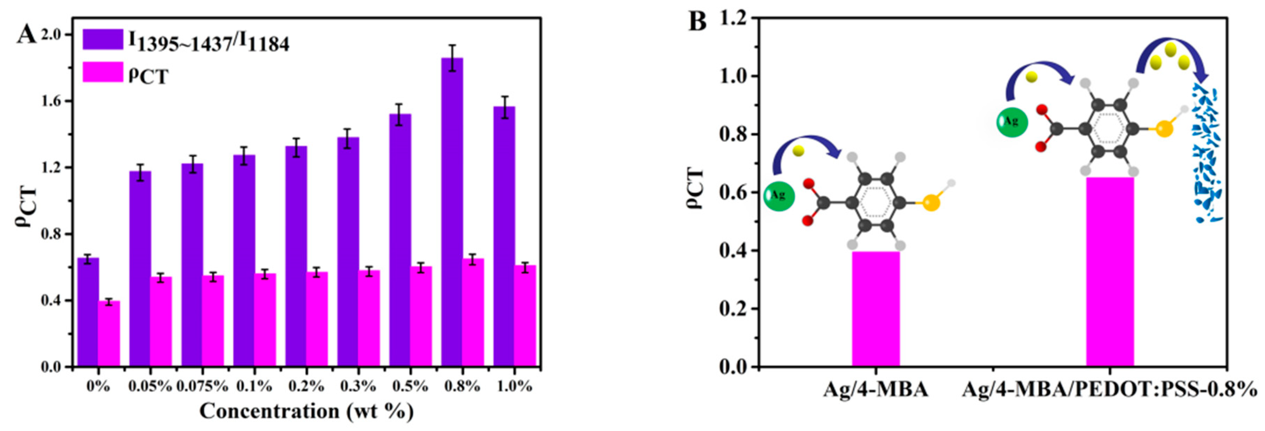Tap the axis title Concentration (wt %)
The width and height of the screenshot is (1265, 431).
click(306, 411)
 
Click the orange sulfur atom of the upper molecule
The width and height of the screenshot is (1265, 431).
click(1164, 129)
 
